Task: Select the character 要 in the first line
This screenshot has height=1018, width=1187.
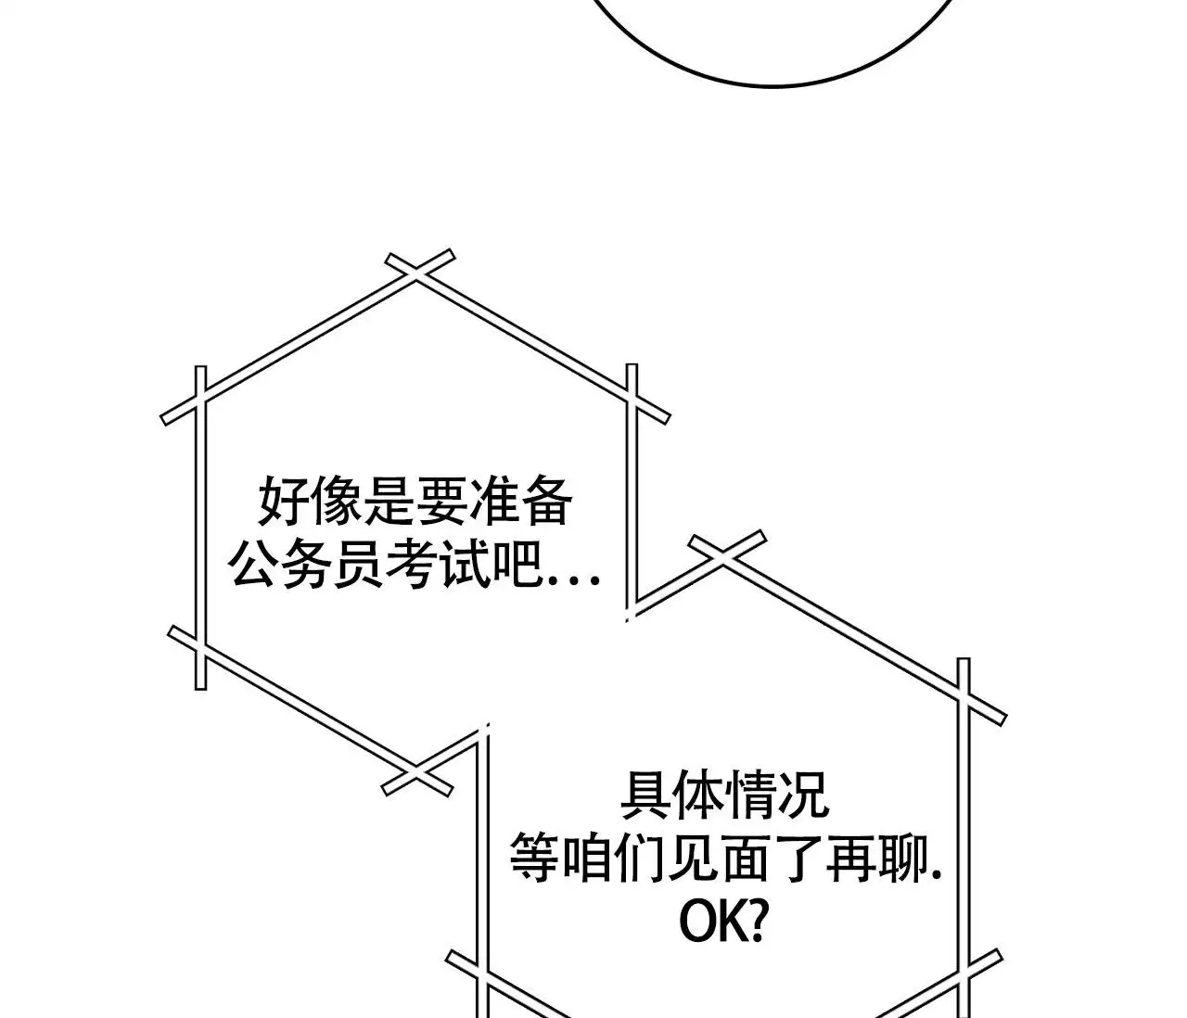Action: (441, 502)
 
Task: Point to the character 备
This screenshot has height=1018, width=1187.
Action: (545, 502)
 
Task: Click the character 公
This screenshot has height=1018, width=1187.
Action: (254, 565)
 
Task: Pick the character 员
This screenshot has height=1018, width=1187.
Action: (359, 565)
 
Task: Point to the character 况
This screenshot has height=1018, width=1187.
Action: (804, 795)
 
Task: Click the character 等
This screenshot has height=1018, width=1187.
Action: (535, 859)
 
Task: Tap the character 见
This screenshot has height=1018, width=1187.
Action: (693, 859)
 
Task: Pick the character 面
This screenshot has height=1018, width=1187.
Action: (746, 859)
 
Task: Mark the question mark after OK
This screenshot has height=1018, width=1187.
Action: (757, 923)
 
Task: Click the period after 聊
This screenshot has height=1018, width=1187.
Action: (935, 878)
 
